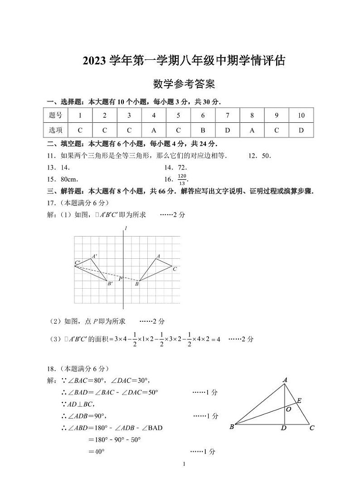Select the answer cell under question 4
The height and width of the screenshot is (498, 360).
[x=154, y=130]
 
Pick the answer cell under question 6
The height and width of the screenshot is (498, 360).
[x=203, y=130]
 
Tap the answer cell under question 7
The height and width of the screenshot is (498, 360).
[x=228, y=130]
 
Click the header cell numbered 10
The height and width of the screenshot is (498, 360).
[x=301, y=116]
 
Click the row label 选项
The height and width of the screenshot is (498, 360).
[x=55, y=130]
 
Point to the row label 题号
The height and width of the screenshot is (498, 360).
[x=55, y=116]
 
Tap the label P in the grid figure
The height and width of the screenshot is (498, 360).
[x=121, y=279]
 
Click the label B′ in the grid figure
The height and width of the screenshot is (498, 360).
[x=109, y=284]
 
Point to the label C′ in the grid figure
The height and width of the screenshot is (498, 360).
[x=78, y=263]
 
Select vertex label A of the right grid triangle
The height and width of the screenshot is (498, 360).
[x=158, y=256]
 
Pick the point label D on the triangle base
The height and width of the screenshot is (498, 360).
[x=284, y=428]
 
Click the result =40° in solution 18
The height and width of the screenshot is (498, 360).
[x=96, y=451]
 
